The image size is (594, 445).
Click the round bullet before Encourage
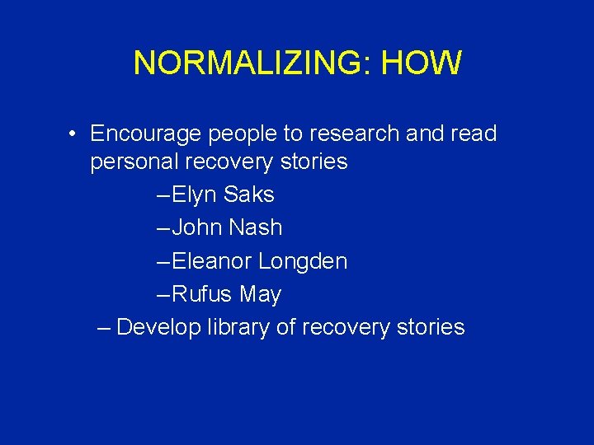pos(73,133)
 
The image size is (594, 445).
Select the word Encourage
pos(145,133)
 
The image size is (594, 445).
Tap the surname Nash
pos(257,227)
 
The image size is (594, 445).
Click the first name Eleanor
pos(213,261)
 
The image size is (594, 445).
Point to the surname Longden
pos(303,261)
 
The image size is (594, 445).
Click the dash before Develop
pos(102,328)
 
